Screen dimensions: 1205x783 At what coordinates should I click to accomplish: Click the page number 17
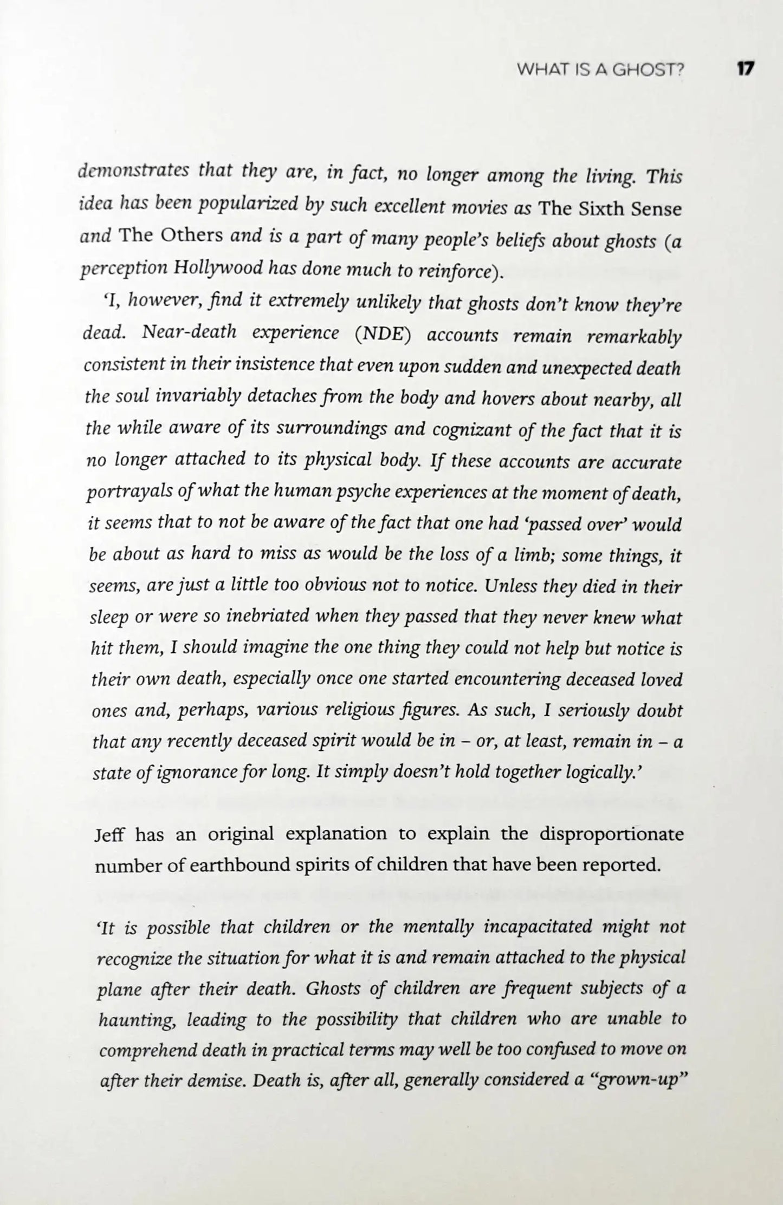745,69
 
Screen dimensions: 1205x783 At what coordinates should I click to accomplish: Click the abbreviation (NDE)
383,334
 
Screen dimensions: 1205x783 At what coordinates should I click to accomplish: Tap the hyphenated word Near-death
189,333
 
